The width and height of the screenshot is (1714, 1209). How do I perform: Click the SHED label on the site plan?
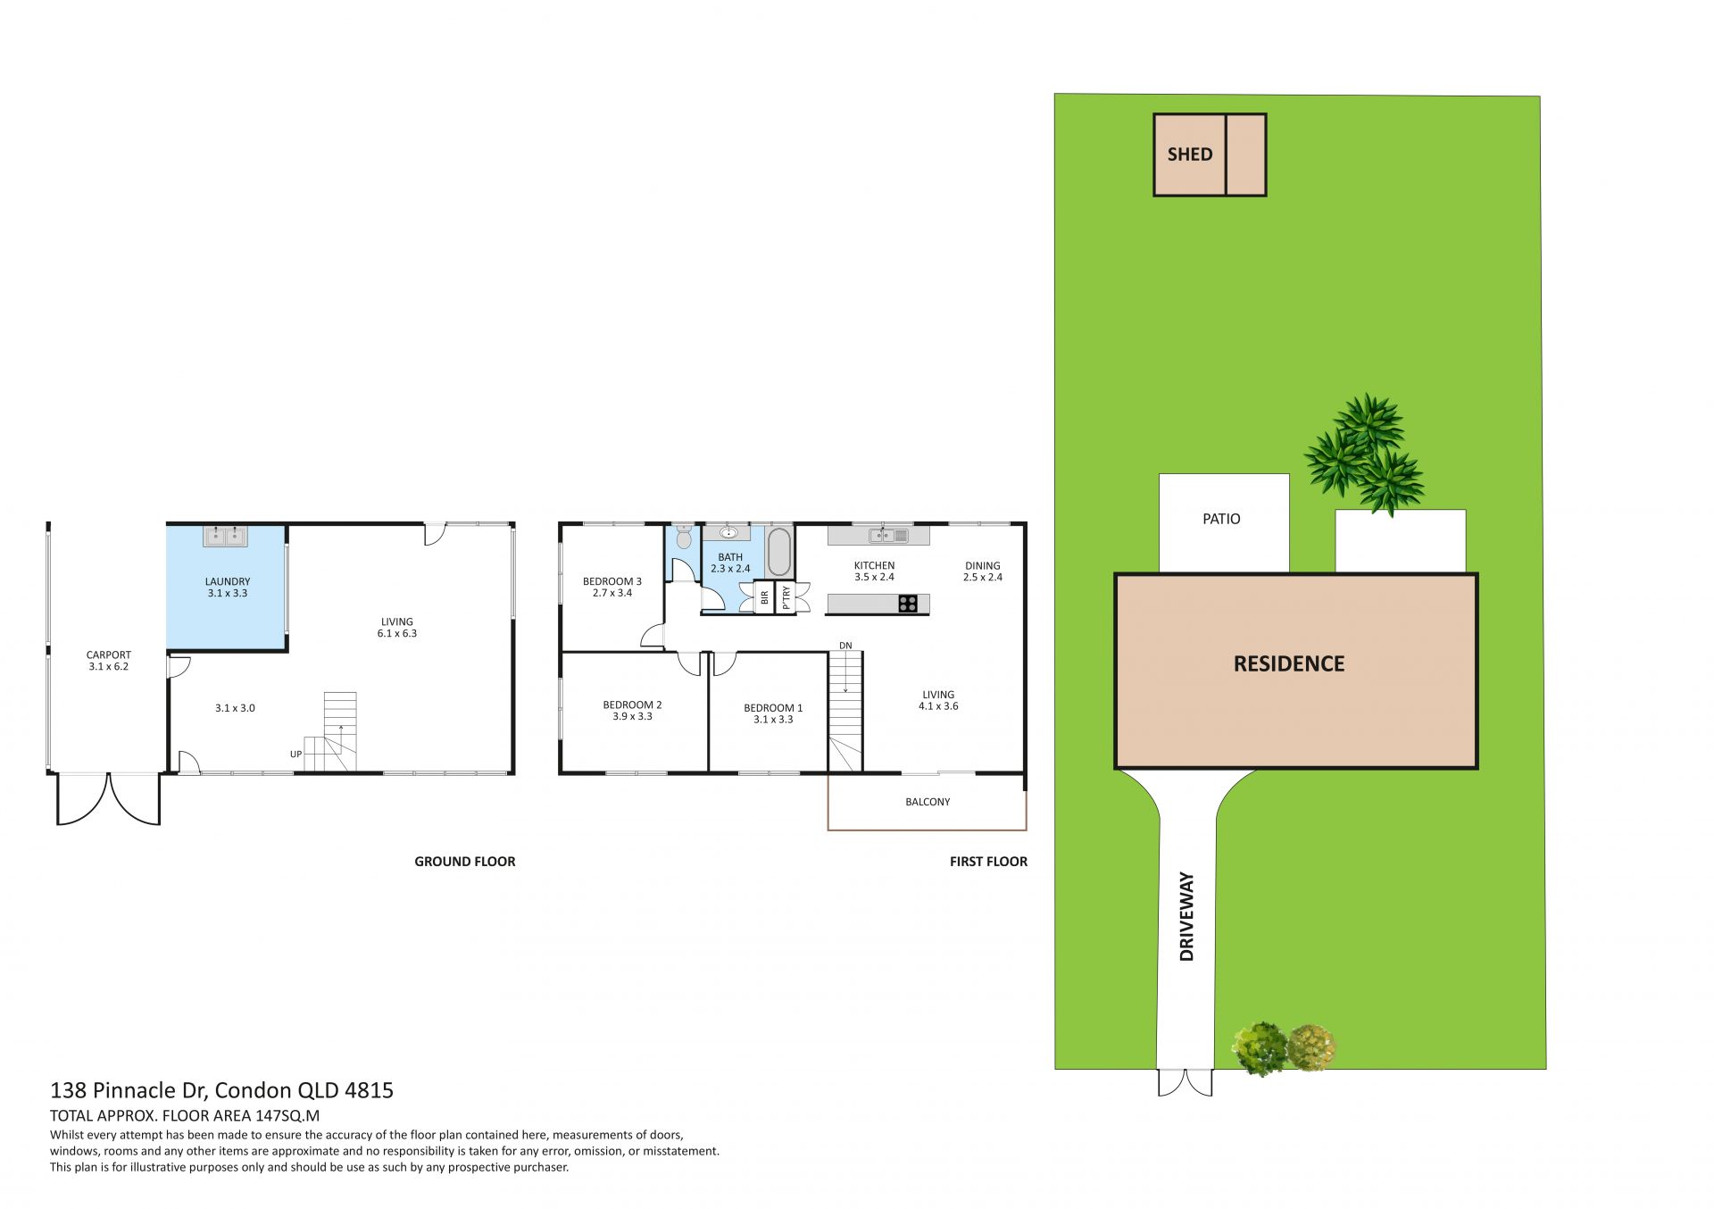[x=1190, y=154]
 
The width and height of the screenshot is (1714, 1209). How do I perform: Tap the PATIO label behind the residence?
[x=1221, y=519]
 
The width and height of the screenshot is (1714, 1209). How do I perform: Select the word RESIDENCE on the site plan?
[x=1289, y=663]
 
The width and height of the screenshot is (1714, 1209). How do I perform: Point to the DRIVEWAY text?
[x=1186, y=916]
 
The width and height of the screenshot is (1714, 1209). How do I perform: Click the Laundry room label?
[x=228, y=587]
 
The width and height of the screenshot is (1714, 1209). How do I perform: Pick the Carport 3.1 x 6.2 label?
[x=109, y=661]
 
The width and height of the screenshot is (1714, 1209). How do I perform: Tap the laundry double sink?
[x=225, y=536]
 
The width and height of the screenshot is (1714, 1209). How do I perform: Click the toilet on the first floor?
[x=684, y=537]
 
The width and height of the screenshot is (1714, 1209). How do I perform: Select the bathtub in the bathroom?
[x=779, y=552]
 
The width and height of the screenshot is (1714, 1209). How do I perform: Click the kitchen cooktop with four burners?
[x=908, y=604]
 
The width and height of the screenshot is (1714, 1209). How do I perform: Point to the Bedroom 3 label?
[x=612, y=587]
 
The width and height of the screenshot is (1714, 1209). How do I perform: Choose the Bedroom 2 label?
[x=632, y=711]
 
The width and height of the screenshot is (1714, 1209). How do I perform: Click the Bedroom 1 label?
[x=773, y=713]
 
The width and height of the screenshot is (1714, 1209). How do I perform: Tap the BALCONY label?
[x=928, y=802]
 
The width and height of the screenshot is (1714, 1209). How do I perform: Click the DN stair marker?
[x=845, y=646]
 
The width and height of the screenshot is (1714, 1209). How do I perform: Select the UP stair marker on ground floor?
[x=295, y=755]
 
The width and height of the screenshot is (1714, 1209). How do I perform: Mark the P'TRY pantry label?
[x=786, y=597]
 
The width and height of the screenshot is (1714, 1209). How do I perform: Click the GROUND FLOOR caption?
[x=465, y=862]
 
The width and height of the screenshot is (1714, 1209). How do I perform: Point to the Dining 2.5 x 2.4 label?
[x=983, y=571]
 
